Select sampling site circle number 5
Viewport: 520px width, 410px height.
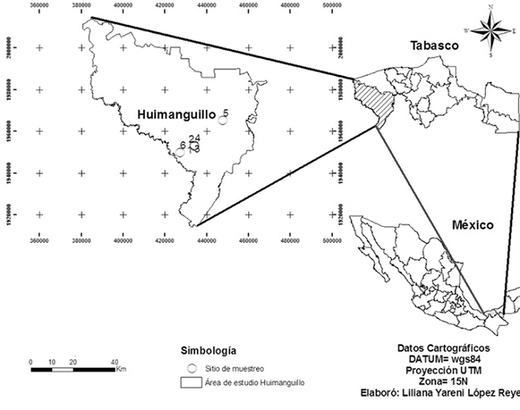pos(222,121)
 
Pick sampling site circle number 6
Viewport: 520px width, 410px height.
pos(181,150)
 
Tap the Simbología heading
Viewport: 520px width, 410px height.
pos(207,350)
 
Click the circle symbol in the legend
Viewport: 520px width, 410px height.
pos(191,368)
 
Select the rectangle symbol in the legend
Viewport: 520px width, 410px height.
pos(192,383)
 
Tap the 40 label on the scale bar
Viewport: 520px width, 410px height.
pos(114,361)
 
